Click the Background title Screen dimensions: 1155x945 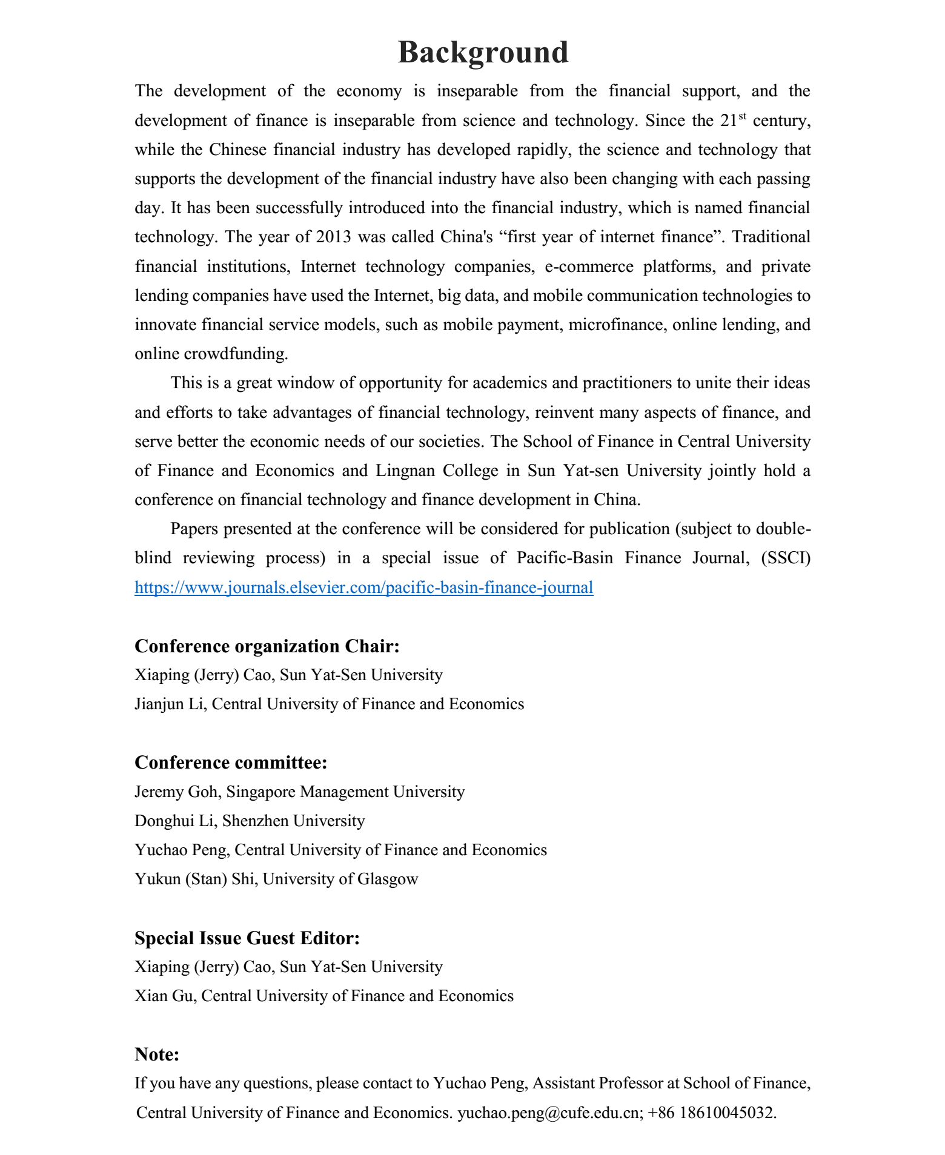(x=483, y=52)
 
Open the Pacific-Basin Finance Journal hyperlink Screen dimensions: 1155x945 (x=363, y=587)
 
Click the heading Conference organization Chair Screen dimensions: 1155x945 (x=267, y=646)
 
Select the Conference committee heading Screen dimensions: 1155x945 (x=231, y=763)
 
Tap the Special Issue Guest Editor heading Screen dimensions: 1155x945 (x=247, y=938)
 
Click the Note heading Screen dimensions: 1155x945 (x=157, y=1054)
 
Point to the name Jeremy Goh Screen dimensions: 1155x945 (x=176, y=792)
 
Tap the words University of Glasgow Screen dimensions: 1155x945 (x=340, y=879)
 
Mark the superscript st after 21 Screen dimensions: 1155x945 (x=742, y=114)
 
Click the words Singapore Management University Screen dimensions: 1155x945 (x=345, y=792)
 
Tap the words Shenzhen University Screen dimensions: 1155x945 (x=294, y=821)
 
